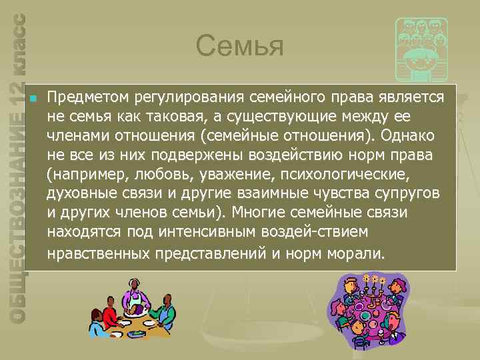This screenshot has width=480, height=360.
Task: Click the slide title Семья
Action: coord(240,47)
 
